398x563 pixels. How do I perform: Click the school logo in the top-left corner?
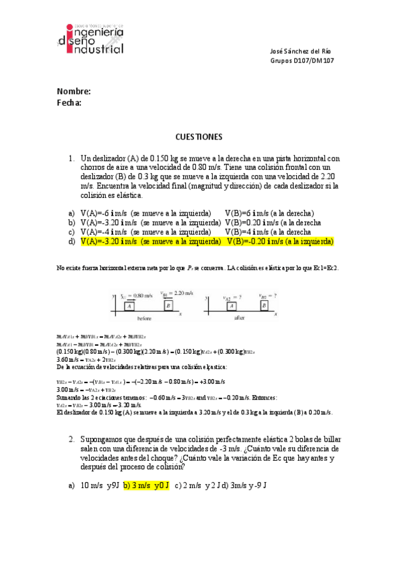click(91, 39)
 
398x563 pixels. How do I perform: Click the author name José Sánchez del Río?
click(302, 51)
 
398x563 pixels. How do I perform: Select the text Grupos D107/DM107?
click(302, 60)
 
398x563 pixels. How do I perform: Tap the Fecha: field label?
click(69, 103)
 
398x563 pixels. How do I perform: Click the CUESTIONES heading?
click(199, 137)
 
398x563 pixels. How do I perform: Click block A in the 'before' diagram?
click(130, 305)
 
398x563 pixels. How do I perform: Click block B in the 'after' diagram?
click(264, 305)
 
